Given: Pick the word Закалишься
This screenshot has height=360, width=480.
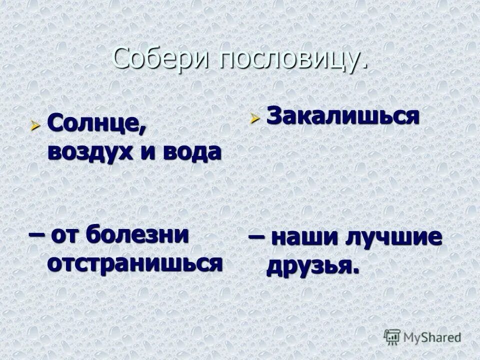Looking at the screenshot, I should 342,116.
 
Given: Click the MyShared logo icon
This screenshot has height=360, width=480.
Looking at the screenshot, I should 392,336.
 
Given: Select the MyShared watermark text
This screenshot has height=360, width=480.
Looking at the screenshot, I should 432,337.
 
